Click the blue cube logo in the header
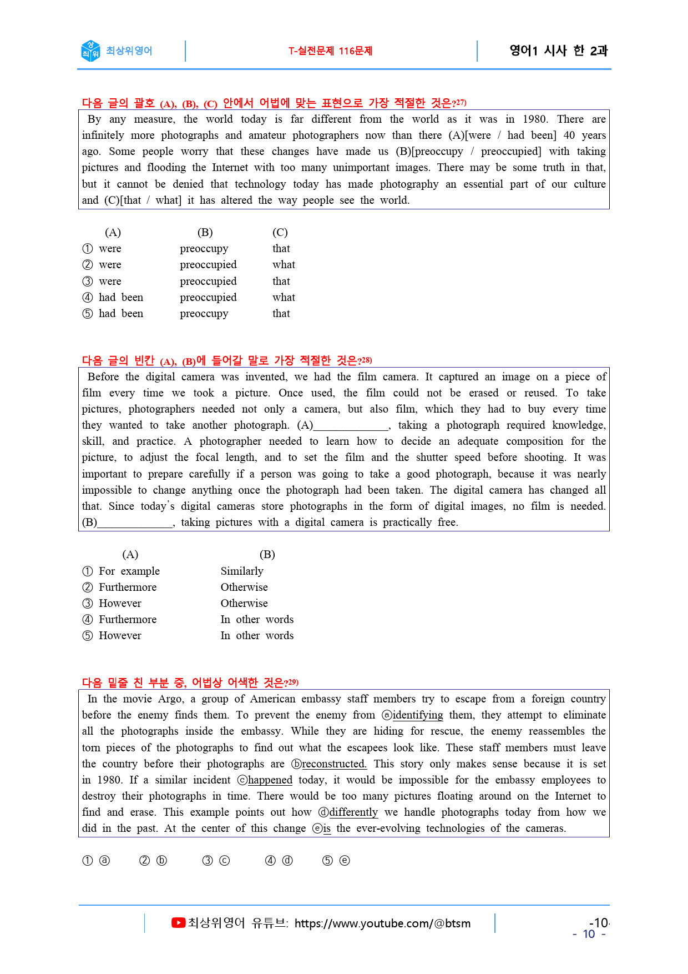point(90,51)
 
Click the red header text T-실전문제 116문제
point(330,51)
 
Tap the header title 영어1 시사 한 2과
point(558,51)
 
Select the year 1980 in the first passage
point(535,119)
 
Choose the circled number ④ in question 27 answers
point(88,297)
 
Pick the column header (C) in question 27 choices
point(280,232)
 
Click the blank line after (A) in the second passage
point(351,425)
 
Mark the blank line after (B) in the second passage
point(135,523)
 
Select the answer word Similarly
point(242,571)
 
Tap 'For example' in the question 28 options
point(129,571)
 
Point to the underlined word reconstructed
point(333,764)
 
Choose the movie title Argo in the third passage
point(170,699)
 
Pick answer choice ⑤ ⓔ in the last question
point(336,860)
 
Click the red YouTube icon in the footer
point(178,923)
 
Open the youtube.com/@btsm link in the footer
point(382,923)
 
